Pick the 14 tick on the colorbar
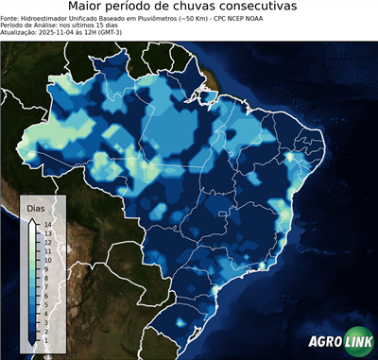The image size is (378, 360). (x=44, y=225)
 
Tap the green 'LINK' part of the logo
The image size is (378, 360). (x=356, y=344)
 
